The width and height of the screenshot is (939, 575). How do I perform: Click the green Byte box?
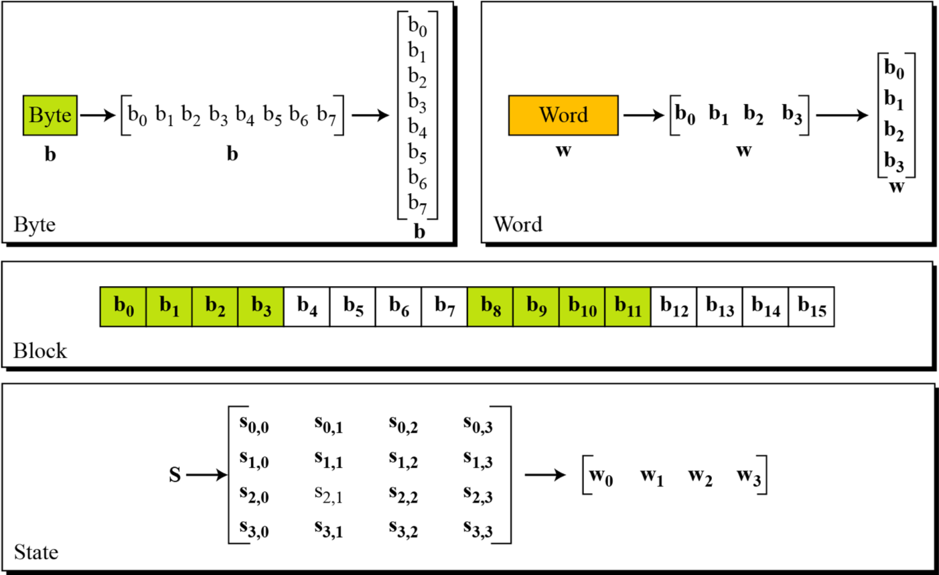[x=50, y=115]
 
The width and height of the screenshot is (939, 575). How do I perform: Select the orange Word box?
[x=563, y=115]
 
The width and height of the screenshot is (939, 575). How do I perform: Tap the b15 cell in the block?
[x=811, y=306]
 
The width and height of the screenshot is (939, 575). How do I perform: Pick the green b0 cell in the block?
[x=123, y=306]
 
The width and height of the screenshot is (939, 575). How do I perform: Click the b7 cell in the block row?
[x=444, y=306]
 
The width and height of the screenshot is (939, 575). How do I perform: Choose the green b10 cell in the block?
[x=582, y=306]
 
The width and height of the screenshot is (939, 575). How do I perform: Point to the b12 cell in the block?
[x=674, y=306]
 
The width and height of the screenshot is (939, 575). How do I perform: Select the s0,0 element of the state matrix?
[x=254, y=424]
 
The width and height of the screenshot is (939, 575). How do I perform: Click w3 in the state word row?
[x=748, y=476]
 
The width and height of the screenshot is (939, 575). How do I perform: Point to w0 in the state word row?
[x=601, y=476]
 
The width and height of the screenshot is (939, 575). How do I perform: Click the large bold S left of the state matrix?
[x=175, y=475]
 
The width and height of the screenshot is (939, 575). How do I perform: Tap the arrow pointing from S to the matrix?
[x=207, y=475]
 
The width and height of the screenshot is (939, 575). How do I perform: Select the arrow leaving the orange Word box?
[x=644, y=115]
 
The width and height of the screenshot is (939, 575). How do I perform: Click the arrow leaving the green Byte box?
[x=98, y=115]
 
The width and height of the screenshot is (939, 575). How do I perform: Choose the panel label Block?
[x=40, y=350]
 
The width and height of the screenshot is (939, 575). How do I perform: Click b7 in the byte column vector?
[x=417, y=204]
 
